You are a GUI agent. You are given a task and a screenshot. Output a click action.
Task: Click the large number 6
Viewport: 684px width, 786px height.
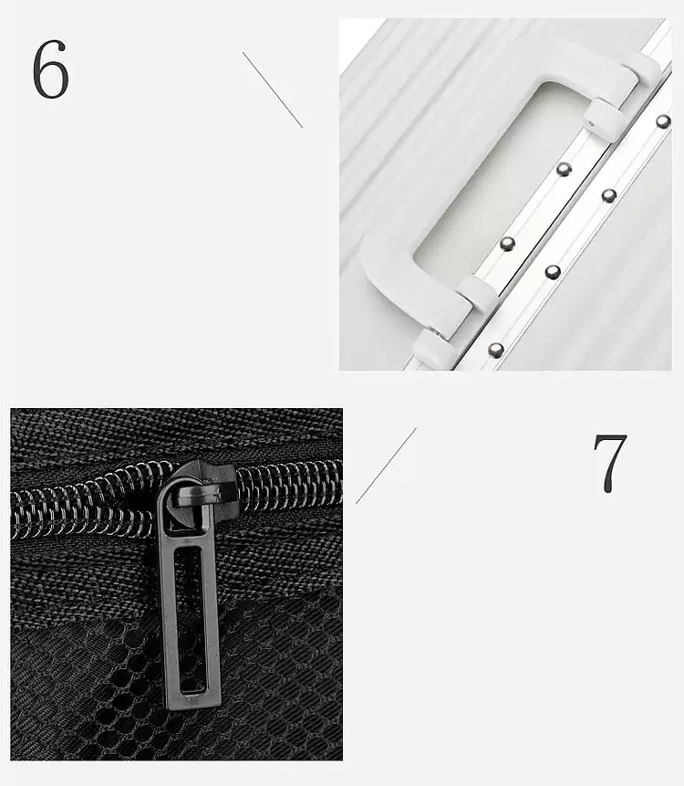pyautogui.click(x=50, y=68)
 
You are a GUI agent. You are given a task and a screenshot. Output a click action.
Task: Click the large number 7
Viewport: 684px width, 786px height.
pyautogui.click(x=610, y=462)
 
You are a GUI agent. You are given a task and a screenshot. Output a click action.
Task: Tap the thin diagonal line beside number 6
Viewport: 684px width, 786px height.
pyautogui.click(x=273, y=89)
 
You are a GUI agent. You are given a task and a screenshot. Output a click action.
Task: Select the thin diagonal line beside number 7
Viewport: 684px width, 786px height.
pyautogui.click(x=386, y=466)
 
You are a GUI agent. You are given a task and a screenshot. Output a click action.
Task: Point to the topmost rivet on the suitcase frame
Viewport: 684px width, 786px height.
pyautogui.click(x=663, y=121)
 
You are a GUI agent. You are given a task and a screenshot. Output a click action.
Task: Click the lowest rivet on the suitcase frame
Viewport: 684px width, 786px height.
pyautogui.click(x=496, y=350)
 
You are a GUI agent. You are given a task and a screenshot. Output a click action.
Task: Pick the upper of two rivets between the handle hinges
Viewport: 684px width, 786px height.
pyautogui.click(x=565, y=169)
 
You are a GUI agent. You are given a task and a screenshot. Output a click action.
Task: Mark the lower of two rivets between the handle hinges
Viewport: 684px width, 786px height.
pyautogui.click(x=508, y=244)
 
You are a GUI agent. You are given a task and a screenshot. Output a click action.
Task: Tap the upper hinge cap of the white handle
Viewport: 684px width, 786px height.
pyautogui.click(x=605, y=116)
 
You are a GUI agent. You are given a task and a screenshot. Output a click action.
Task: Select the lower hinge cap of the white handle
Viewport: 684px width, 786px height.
pyautogui.click(x=478, y=293)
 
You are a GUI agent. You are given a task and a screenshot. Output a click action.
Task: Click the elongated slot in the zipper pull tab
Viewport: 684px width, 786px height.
pyautogui.click(x=191, y=621)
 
